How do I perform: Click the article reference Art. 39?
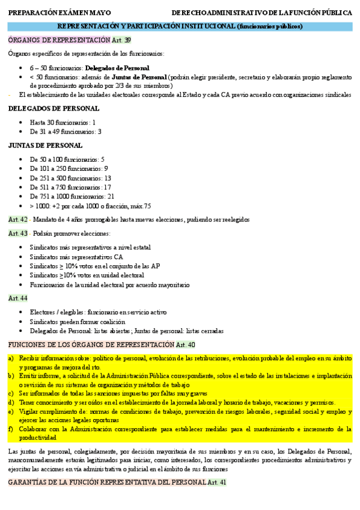pyautogui.click(x=121, y=40)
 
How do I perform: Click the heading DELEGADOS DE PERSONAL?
pyautogui.click(x=45, y=108)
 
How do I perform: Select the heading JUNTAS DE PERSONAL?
pyautogui.click(x=45, y=146)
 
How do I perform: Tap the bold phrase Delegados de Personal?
pyautogui.click(x=117, y=68)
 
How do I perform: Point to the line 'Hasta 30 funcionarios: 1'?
pyautogui.click(x=63, y=122)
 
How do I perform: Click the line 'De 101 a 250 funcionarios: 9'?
pyautogui.click(x=69, y=169)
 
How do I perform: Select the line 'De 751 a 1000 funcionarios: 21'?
pyautogui.click(x=72, y=196)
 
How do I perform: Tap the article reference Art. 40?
pyautogui.click(x=186, y=345)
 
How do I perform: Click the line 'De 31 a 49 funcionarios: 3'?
pyautogui.click(x=66, y=132)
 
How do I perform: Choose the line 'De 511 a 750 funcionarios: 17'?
pyautogui.click(x=70, y=187)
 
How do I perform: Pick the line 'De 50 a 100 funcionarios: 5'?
pyautogui.click(x=67, y=159)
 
